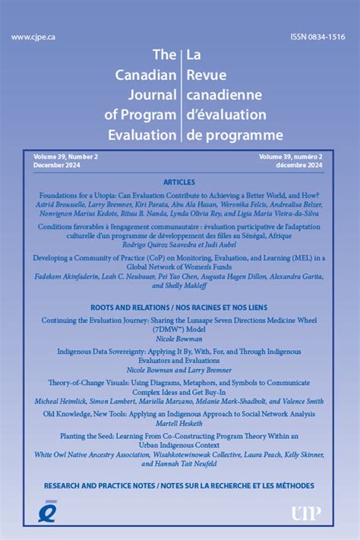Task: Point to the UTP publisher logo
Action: click(x=311, y=513)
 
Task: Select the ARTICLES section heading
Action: click(x=179, y=183)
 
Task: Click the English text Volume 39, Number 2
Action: click(x=65, y=156)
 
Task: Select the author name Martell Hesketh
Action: click(x=179, y=423)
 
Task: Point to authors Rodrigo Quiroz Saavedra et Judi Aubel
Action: click(x=179, y=245)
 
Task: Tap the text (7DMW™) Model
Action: click(x=179, y=330)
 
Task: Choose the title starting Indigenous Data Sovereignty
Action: click(x=179, y=352)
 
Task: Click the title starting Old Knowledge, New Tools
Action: click(x=179, y=414)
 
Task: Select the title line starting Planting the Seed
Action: click(x=179, y=436)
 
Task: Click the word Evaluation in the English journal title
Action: click(x=139, y=134)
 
